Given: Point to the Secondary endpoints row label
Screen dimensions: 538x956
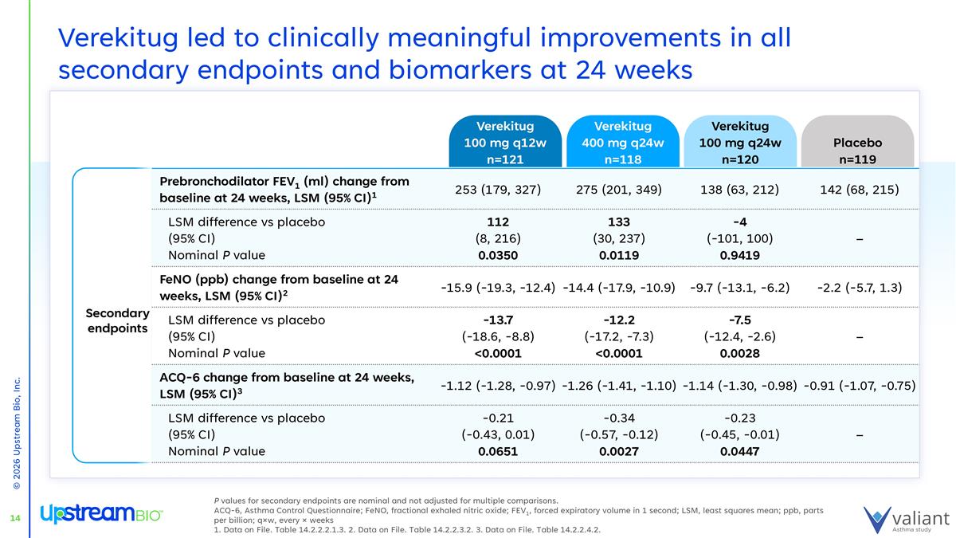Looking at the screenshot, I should (118, 320).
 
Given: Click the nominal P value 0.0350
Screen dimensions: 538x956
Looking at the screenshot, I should (497, 256).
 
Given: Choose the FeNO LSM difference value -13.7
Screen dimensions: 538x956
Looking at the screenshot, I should (497, 320).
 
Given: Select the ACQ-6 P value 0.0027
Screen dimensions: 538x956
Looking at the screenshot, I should (619, 451).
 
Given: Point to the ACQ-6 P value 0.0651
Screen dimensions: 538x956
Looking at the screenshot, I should (497, 451).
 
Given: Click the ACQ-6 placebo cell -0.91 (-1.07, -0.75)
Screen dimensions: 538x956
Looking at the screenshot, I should (860, 386).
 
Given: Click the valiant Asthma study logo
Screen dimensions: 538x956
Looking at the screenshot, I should (906, 517).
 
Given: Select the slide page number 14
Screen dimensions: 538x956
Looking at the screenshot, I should (14, 519).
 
